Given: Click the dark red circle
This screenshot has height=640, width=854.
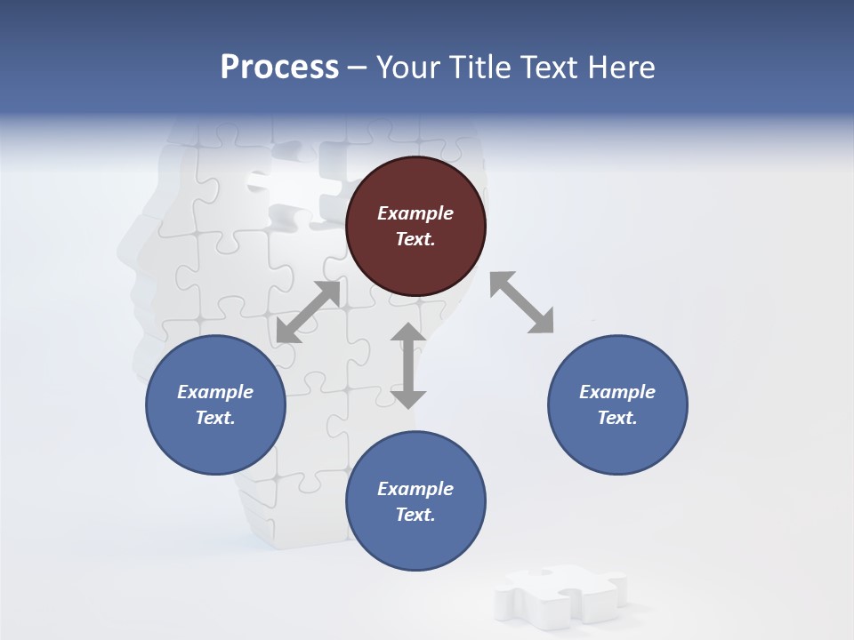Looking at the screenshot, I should click(x=415, y=227).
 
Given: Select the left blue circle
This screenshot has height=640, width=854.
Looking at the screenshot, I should click(x=215, y=404).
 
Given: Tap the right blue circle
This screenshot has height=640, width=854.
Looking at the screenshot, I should click(x=617, y=404).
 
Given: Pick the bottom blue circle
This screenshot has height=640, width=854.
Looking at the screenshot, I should click(x=415, y=501).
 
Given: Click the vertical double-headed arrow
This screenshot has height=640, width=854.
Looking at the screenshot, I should click(x=408, y=365).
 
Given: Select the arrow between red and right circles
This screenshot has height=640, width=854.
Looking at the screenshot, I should click(x=522, y=302).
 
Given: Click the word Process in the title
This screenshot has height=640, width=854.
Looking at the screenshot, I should click(x=279, y=68).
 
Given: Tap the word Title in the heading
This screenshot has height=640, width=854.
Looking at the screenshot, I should click(x=479, y=68).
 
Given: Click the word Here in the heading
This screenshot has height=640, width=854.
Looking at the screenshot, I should click(x=618, y=68).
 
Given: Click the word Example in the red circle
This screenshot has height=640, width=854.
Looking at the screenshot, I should click(x=415, y=213).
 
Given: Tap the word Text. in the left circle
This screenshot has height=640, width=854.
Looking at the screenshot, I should click(x=215, y=418).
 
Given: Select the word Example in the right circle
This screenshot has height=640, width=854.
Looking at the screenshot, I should click(x=617, y=392).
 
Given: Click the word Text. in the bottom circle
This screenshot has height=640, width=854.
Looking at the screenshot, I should click(x=415, y=515).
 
